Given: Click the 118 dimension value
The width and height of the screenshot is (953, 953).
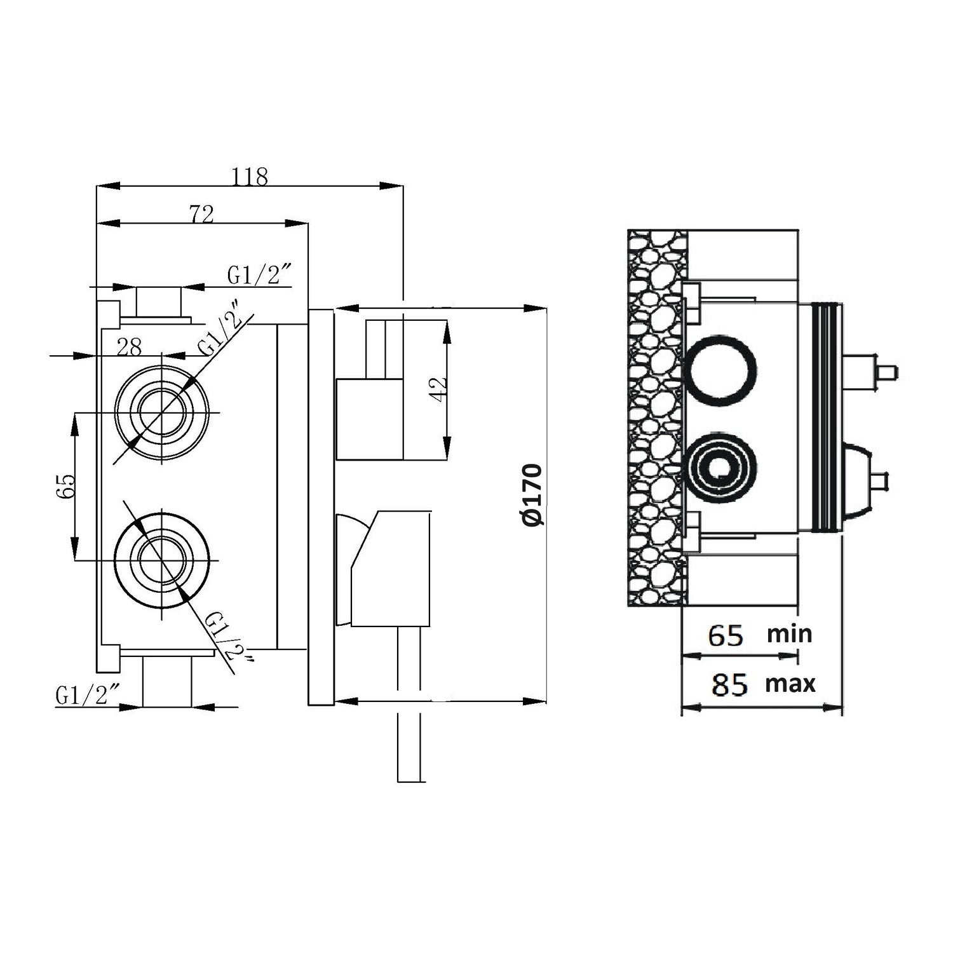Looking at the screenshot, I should click(250, 176).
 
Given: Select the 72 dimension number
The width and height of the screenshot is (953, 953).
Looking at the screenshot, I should click(201, 214).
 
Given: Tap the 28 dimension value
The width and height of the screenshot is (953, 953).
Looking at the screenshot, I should click(129, 347).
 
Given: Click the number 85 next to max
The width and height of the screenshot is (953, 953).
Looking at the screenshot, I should click(729, 685).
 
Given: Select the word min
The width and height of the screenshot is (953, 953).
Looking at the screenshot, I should click(789, 633).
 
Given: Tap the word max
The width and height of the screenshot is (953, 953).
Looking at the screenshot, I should click(790, 684).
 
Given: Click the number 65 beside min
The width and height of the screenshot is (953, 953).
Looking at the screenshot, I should click(726, 635).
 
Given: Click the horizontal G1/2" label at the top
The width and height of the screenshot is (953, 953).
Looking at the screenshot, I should click(259, 275).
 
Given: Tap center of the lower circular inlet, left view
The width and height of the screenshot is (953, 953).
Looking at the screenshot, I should click(162, 560).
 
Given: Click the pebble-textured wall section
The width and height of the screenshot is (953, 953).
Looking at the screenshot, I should click(657, 419).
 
